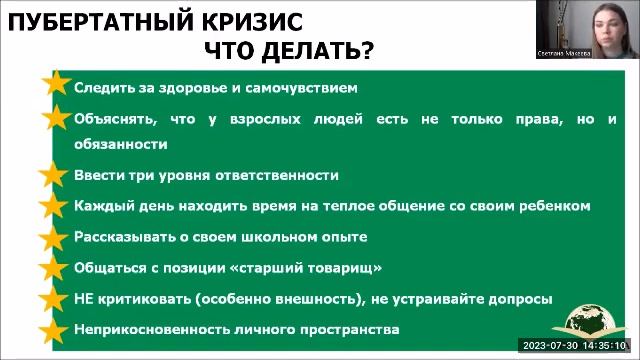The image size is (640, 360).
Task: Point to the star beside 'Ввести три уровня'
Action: pyautogui.click(x=56, y=175)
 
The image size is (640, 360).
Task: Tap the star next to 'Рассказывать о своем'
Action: pyautogui.click(x=56, y=237)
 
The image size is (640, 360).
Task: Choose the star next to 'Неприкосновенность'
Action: pyautogui.click(x=56, y=329)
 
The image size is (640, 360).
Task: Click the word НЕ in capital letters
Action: pyautogui.click(x=84, y=299)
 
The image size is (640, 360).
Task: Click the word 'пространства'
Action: pyautogui.click(x=349, y=329)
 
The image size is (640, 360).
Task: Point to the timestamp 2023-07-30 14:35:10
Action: pyautogui.click(x=579, y=346)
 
